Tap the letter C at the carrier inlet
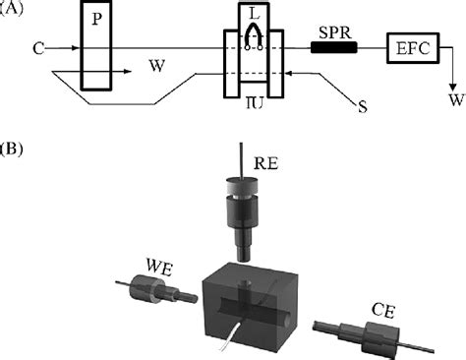pos(36,45)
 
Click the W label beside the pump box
pos(155,66)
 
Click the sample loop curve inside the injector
pos(253,35)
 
